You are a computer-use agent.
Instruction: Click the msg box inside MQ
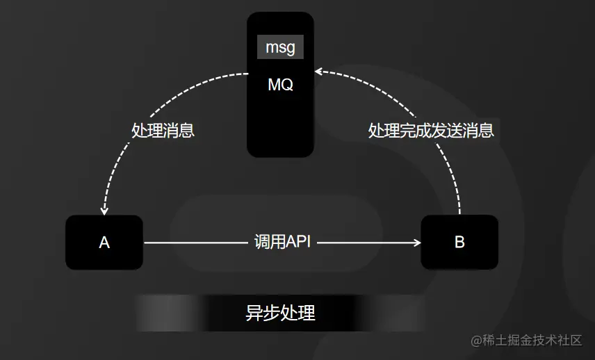click(280, 47)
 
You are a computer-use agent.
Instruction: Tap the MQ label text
click(280, 85)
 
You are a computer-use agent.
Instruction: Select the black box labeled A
click(104, 243)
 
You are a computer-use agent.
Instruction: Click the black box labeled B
click(459, 243)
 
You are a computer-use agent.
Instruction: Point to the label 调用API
click(282, 243)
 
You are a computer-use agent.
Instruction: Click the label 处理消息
click(163, 130)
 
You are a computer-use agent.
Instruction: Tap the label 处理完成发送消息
click(431, 130)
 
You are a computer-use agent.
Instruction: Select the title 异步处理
click(280, 313)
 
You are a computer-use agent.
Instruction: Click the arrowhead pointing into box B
click(417, 243)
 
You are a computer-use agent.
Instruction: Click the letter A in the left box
click(104, 243)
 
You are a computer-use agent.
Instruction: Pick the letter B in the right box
click(459, 243)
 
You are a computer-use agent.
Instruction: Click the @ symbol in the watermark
click(477, 341)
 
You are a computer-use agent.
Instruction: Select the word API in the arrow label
click(298, 243)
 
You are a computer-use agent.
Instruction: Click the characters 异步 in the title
click(263, 313)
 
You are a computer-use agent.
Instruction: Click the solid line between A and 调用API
click(195, 243)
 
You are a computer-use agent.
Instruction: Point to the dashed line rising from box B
click(459, 188)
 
